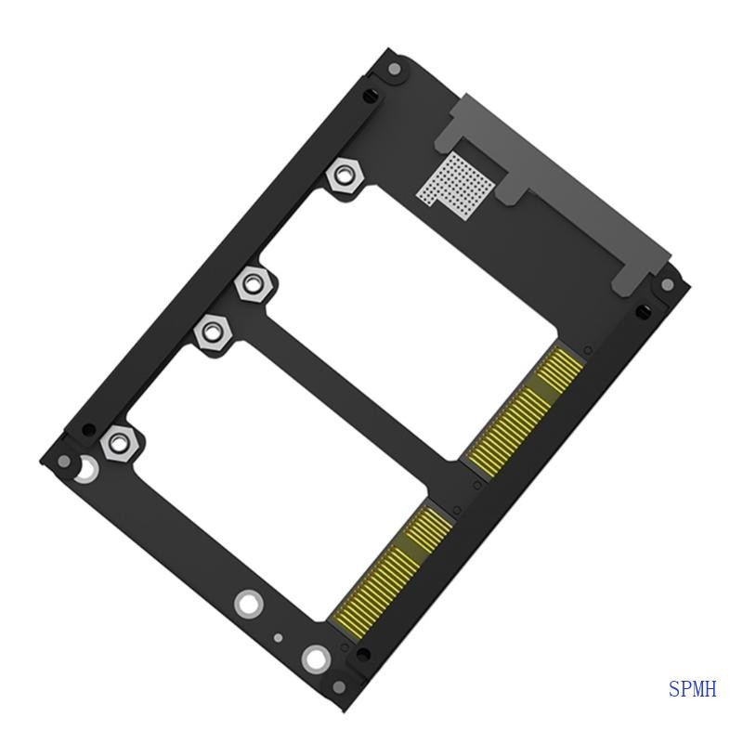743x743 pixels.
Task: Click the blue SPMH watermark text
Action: [692, 689]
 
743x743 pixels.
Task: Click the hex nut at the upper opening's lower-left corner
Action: [252, 283]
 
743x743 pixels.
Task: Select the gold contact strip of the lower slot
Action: [391, 566]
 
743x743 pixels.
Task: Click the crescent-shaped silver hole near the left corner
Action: [85, 470]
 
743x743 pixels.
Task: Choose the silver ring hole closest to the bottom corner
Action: [316, 660]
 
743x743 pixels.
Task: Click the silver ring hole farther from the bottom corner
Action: [247, 604]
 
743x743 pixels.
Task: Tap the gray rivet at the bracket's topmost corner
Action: [394, 68]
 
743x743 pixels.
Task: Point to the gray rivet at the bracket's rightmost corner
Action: [667, 285]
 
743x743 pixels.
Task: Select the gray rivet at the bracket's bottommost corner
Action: [339, 686]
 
